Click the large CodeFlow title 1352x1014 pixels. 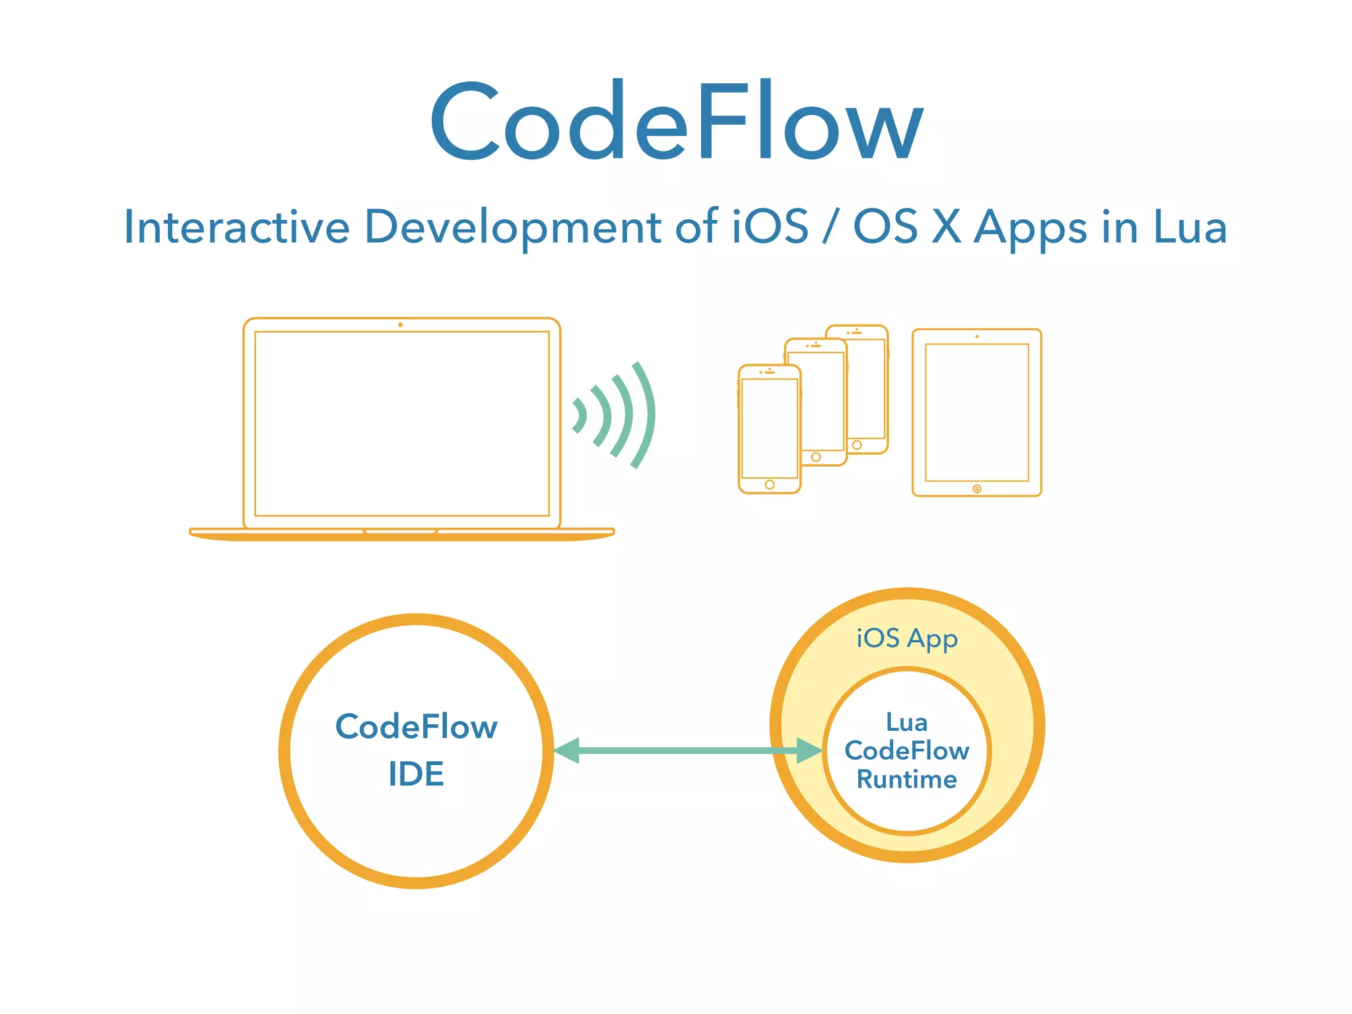676,122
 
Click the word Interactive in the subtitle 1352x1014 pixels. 236,227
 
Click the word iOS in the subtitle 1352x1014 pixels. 770,227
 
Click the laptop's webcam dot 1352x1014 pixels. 400,325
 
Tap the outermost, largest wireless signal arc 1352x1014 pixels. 643,415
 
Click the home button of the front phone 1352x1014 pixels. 770,485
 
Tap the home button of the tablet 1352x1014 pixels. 977,489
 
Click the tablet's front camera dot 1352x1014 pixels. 977,337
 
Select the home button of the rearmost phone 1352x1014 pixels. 857,445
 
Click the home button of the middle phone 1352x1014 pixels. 816,457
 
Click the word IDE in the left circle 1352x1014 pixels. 416,774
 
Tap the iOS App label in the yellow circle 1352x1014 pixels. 907,638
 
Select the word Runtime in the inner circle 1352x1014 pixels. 907,780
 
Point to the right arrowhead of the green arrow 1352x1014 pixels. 809,751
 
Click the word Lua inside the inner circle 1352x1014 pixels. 907,722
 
